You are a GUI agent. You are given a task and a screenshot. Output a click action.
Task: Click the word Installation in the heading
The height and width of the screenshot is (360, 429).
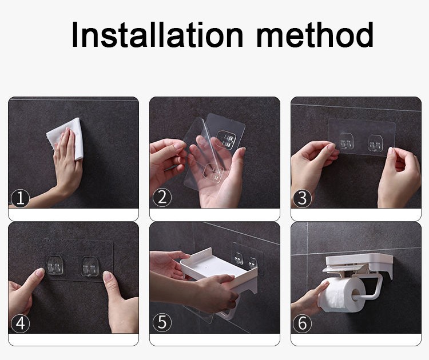coord(157,34)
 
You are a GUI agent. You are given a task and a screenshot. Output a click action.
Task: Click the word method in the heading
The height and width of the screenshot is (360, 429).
coord(315,34)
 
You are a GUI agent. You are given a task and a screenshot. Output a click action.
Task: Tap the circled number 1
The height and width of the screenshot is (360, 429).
coord(20,198)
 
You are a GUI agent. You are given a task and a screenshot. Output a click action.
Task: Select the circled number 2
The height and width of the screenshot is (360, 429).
coord(162,197)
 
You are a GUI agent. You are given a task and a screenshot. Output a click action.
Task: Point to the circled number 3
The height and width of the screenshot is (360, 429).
coord(302,198)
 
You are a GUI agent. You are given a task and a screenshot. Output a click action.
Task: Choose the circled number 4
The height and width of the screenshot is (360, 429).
coord(20,323)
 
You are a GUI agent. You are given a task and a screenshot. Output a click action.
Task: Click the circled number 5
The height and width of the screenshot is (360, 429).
coord(162,322)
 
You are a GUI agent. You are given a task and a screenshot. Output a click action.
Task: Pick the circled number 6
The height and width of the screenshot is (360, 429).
coord(302,323)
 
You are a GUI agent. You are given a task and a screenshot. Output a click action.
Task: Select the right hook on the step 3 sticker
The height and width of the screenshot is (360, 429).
coord(375,142)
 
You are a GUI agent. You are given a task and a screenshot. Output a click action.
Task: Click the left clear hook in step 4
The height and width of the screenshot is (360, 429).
coord(55,265)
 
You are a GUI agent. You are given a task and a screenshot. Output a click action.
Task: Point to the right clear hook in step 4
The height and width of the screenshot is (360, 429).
coord(89,266)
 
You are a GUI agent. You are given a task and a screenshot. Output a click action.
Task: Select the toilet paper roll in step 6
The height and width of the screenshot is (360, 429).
coord(342,295)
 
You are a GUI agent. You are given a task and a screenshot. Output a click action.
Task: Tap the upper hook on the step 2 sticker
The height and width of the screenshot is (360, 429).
coord(227,139)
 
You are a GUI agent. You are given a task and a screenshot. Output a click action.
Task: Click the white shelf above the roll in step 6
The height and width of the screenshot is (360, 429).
coord(359,264)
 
